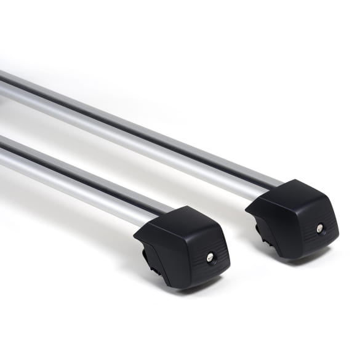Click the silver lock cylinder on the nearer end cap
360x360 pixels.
pyautogui.click(x=210, y=257)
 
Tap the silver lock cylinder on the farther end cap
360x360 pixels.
pyautogui.click(x=319, y=228)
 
